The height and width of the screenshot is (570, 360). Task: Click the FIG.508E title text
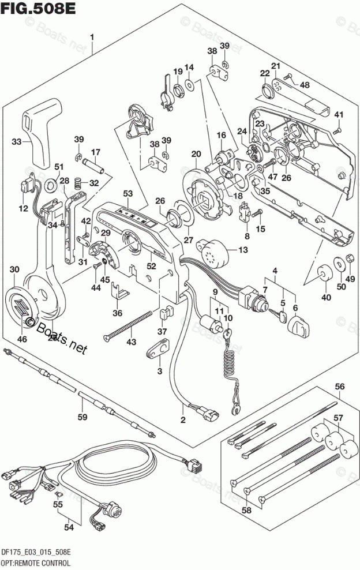pos(29,10)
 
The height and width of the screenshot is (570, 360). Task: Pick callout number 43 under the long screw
pos(132,343)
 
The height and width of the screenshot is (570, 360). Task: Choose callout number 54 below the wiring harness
pos(69,526)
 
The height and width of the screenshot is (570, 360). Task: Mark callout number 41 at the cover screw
pos(339,113)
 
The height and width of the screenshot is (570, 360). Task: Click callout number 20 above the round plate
pos(196,154)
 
